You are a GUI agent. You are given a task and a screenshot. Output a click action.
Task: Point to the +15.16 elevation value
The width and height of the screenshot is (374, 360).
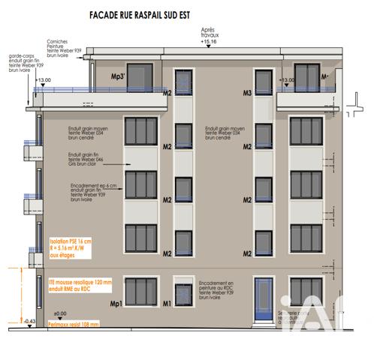click(x=207, y=42)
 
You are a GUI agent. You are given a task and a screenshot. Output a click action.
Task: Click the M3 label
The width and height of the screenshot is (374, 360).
click(x=247, y=93)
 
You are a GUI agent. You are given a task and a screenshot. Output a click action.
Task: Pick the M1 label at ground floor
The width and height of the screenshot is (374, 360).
click(x=168, y=303)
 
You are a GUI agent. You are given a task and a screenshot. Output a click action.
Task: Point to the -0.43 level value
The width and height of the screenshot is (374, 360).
click(x=30, y=322)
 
